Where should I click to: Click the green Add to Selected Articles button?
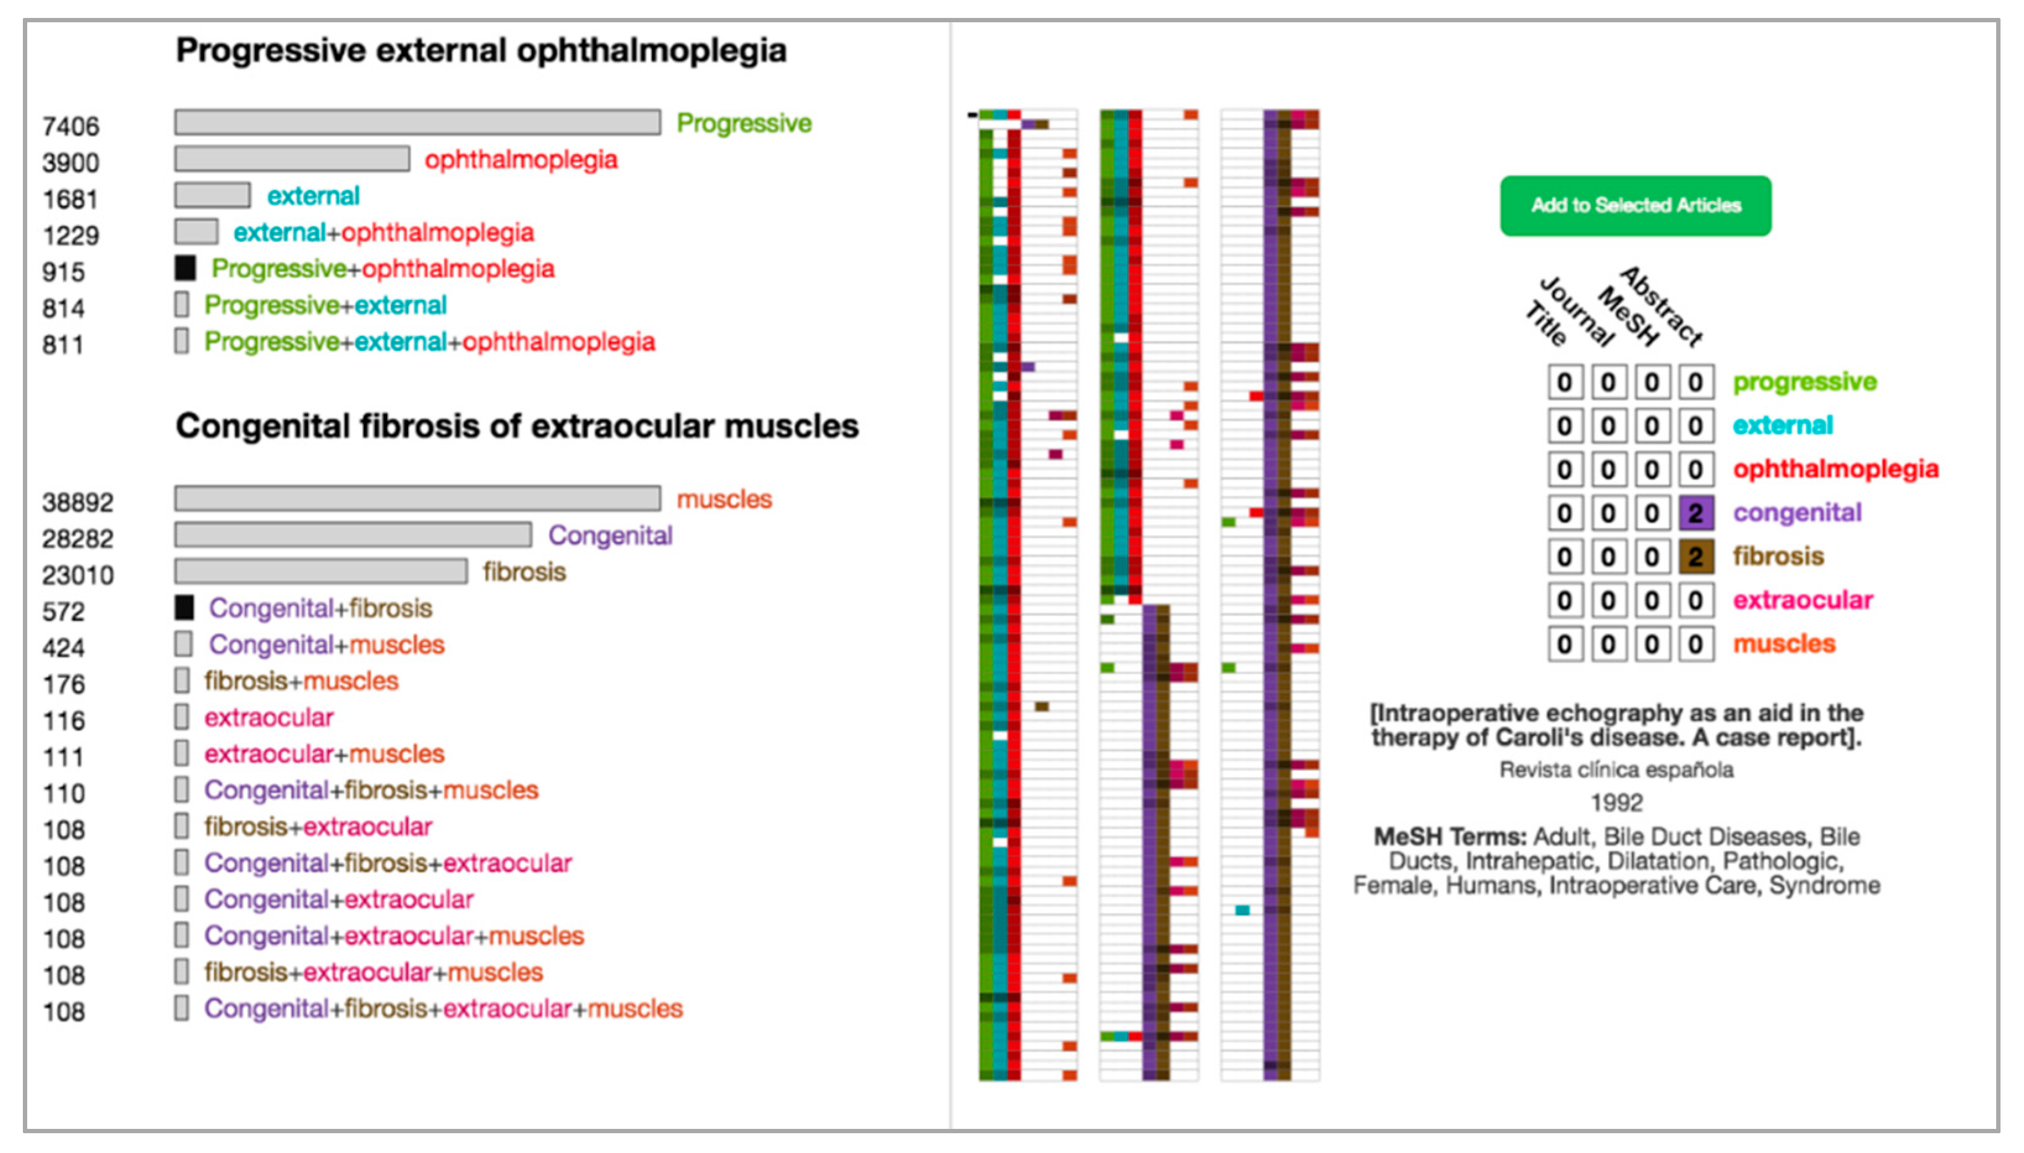(1636, 206)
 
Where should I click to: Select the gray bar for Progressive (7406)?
(417, 122)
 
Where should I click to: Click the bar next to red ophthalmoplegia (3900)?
(292, 159)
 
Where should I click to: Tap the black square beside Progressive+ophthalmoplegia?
(186, 268)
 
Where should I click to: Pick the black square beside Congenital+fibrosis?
(184, 608)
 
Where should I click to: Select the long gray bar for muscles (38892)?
(417, 499)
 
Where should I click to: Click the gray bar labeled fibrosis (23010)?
(320, 572)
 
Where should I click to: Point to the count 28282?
(77, 539)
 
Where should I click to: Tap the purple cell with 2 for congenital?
(1696, 514)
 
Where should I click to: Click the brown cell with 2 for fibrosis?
(1696, 557)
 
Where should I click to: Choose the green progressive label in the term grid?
(1804, 382)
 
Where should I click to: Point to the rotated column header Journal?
(1577, 311)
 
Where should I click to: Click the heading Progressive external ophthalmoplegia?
(481, 51)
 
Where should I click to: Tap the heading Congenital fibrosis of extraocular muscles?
(517, 427)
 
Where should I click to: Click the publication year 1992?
(1616, 803)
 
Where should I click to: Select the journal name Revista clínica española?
(1616, 769)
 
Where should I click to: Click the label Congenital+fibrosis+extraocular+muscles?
(443, 1009)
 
